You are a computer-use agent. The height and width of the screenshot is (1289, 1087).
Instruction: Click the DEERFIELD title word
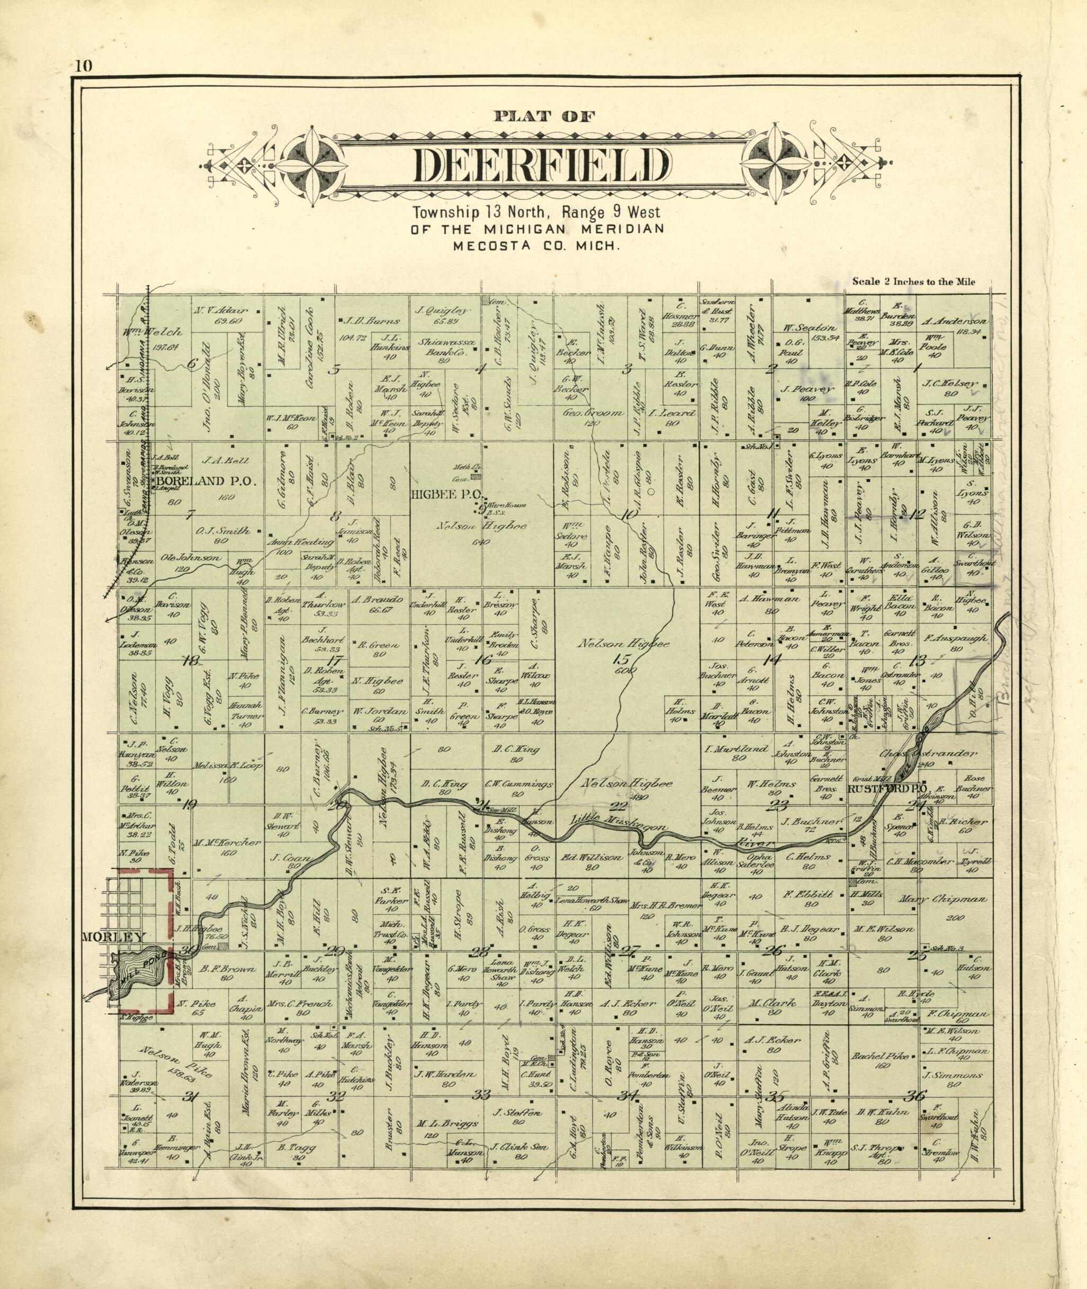tap(543, 166)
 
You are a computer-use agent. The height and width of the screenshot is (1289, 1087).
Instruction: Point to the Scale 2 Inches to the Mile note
tap(922, 282)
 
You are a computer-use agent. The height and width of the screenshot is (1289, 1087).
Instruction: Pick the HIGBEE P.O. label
tap(448, 493)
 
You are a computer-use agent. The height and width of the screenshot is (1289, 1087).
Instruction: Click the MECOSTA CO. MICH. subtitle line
tap(537, 245)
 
